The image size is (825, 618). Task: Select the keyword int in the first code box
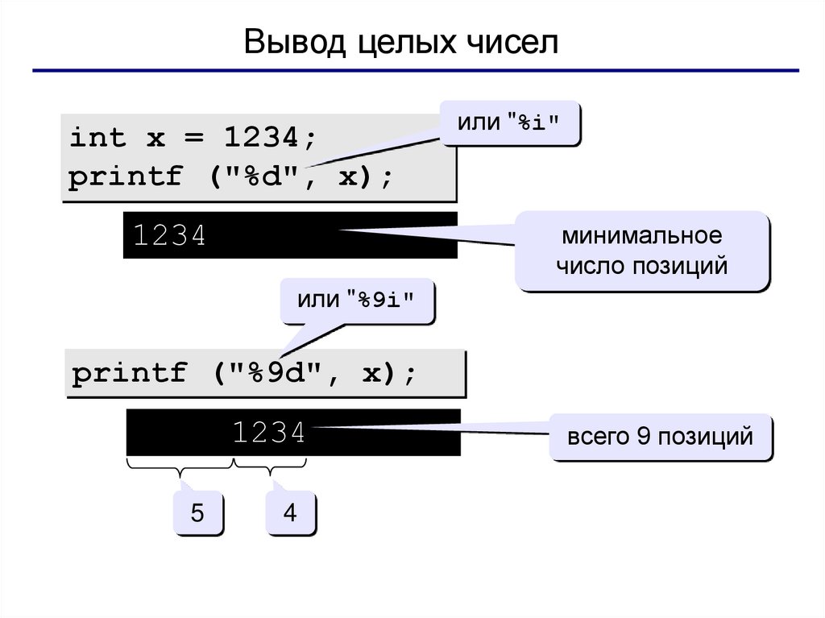click(x=98, y=138)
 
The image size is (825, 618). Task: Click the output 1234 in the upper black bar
click(x=170, y=236)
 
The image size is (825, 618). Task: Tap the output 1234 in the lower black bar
click(x=269, y=433)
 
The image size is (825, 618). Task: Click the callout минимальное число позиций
click(x=641, y=251)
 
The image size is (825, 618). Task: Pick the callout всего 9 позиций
click(x=660, y=438)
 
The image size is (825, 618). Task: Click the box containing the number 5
click(x=197, y=512)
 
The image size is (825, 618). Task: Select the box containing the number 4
click(x=290, y=512)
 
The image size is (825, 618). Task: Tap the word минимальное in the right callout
click(x=642, y=237)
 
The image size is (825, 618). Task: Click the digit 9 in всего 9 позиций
click(x=642, y=438)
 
